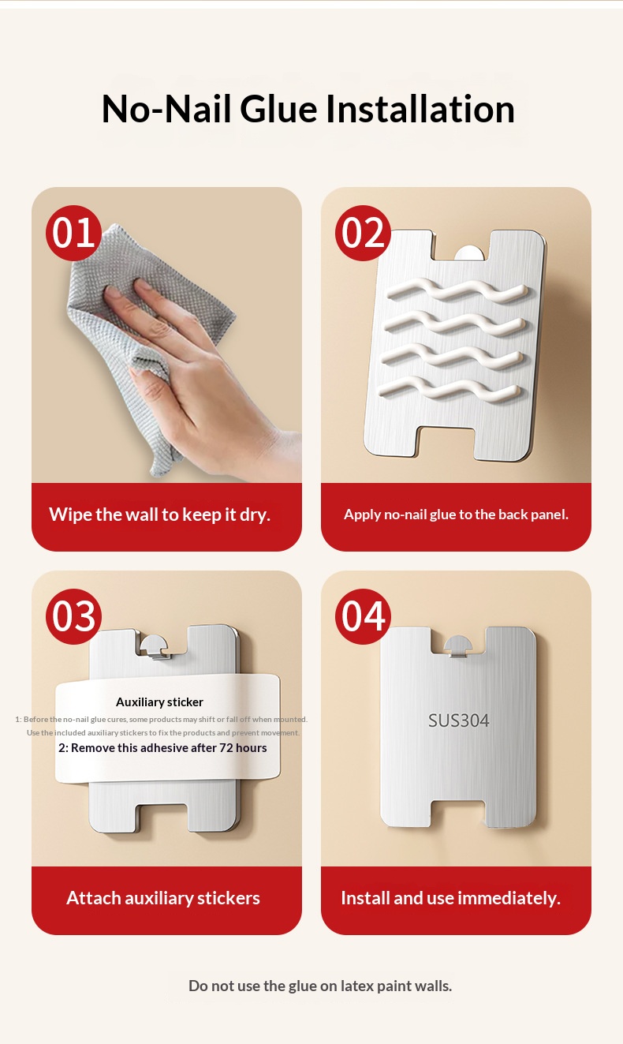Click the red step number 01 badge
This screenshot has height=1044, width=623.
click(x=73, y=233)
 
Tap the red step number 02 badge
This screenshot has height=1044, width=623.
click(x=363, y=233)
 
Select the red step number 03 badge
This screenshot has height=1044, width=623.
click(x=73, y=616)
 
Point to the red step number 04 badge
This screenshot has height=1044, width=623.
click(x=363, y=616)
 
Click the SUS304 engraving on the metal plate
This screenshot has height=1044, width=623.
click(x=458, y=720)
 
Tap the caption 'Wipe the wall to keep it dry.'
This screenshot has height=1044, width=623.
click(x=159, y=515)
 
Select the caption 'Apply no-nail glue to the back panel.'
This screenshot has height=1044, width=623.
click(x=456, y=515)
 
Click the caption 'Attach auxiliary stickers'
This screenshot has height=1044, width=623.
click(x=163, y=898)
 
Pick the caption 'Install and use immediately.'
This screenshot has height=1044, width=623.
click(x=450, y=898)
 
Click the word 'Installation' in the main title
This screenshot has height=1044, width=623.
click(x=420, y=109)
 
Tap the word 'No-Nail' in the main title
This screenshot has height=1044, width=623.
click(x=166, y=109)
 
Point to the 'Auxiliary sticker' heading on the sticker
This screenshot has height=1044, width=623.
click(x=159, y=702)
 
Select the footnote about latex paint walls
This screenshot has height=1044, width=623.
click(x=319, y=986)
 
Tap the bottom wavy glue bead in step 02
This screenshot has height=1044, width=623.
click(x=450, y=389)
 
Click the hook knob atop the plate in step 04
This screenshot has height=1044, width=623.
click(x=458, y=645)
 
